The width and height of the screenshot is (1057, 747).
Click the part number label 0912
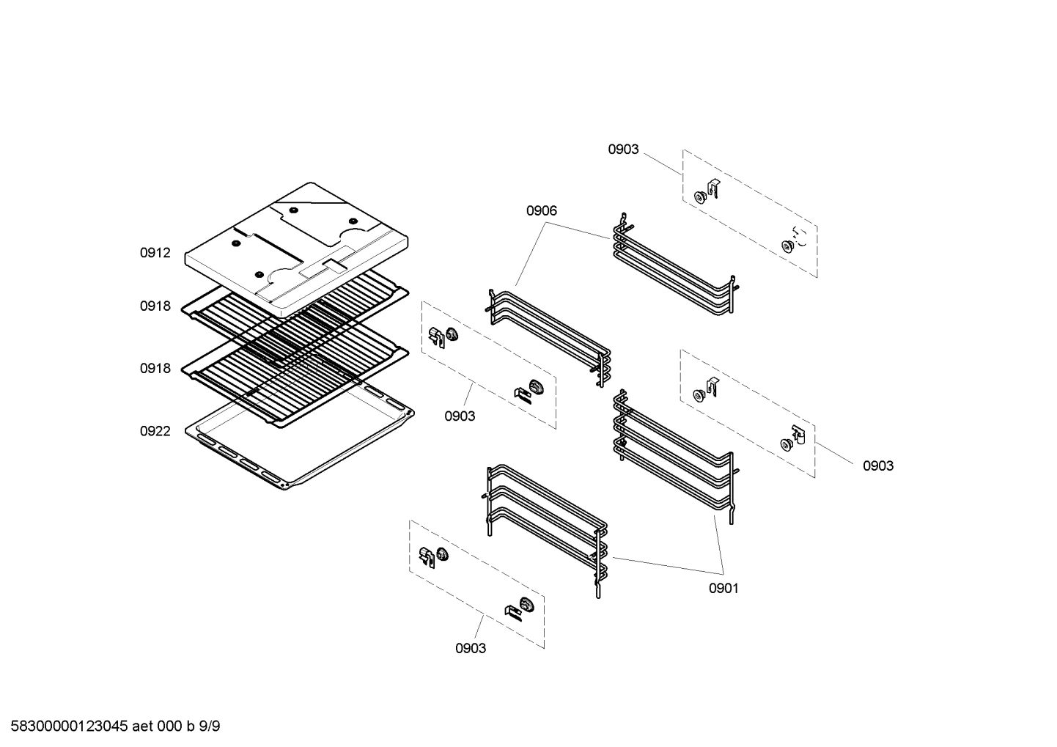[155, 253]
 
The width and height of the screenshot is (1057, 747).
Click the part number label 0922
[155, 431]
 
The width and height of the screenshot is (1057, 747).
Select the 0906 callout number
[541, 211]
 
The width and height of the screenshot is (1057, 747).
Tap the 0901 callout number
[723, 588]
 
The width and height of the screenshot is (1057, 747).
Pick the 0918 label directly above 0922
[155, 368]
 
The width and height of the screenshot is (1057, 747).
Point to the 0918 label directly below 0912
[155, 306]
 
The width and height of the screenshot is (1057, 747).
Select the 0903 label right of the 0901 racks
[877, 466]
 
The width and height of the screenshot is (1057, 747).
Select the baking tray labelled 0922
[301, 447]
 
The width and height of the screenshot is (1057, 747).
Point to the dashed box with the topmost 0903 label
[750, 214]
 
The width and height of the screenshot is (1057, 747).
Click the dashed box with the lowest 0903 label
[476, 584]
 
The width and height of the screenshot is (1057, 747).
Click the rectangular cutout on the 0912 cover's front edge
[320, 268]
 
